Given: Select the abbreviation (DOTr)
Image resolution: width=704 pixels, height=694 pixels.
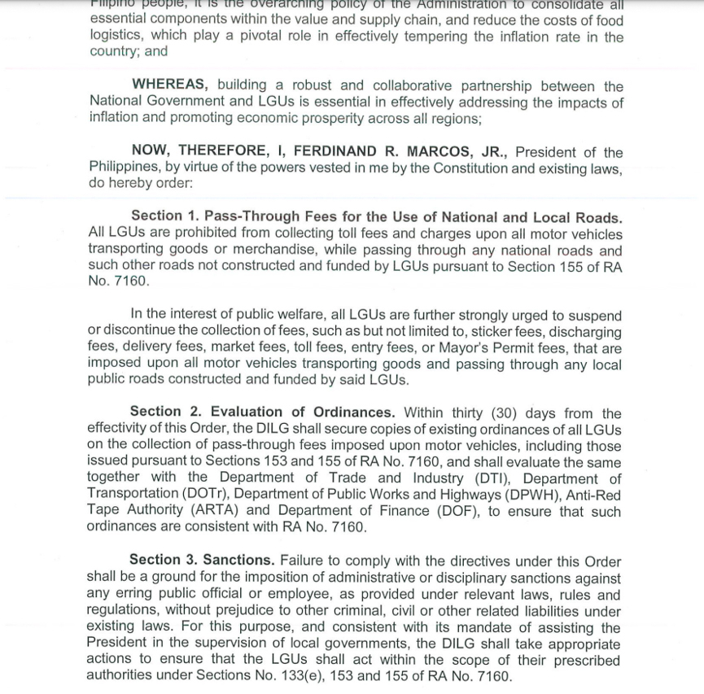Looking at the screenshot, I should (211, 495).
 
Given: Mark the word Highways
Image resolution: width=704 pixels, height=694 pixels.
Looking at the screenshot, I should (483, 495).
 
